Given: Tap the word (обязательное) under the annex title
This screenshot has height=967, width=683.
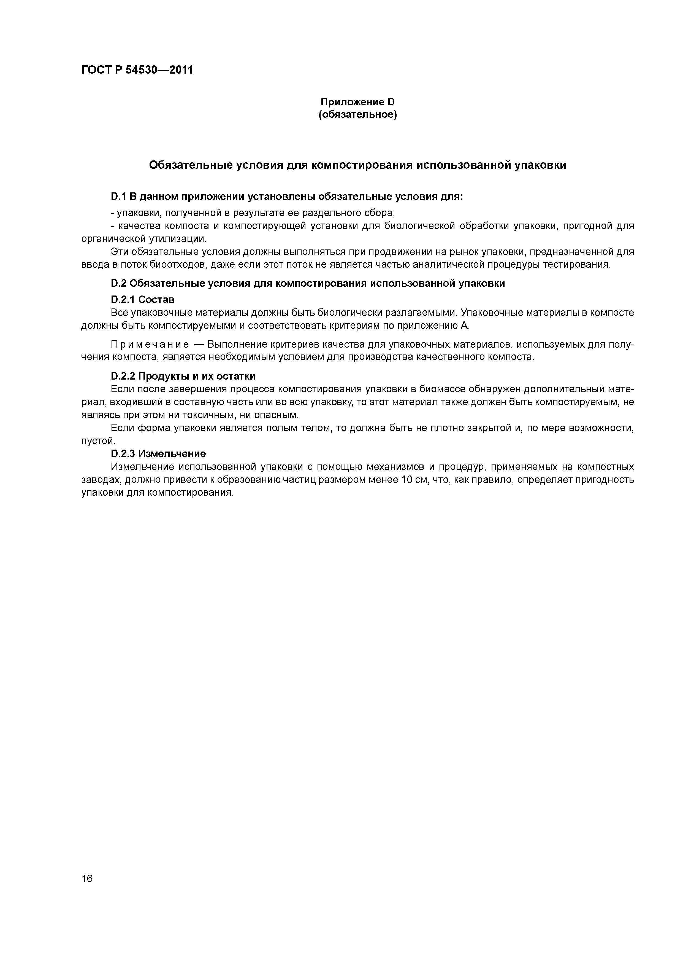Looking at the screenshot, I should click(358, 115).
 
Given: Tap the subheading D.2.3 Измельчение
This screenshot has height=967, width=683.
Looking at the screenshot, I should click(158, 454).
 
